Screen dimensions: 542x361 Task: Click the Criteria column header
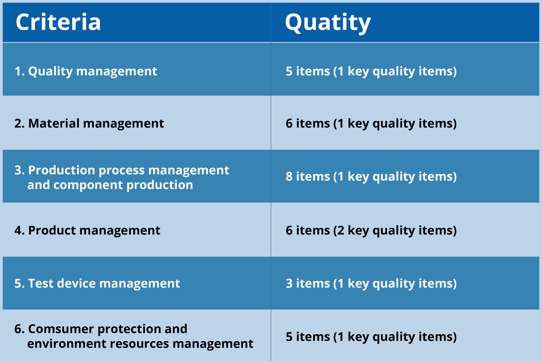pyautogui.click(x=58, y=22)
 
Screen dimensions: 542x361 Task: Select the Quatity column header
pyautogui.click(x=328, y=23)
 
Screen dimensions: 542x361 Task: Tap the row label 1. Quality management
pyautogui.click(x=86, y=71)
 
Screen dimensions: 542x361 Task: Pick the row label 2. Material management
pyautogui.click(x=89, y=124)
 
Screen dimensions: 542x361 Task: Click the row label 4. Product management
pyautogui.click(x=87, y=230)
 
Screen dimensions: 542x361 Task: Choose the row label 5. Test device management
pyautogui.click(x=97, y=283)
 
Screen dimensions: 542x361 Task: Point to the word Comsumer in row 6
pyautogui.click(x=61, y=329)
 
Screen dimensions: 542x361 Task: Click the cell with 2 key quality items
pyautogui.click(x=371, y=231)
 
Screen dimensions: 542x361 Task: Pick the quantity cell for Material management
pyautogui.click(x=371, y=124)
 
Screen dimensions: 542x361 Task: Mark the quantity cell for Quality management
pyautogui.click(x=371, y=71)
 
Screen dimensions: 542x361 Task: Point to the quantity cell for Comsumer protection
pyautogui.click(x=371, y=337)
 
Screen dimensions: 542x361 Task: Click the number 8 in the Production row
pyautogui.click(x=289, y=176)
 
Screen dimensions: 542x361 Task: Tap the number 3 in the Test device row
pyautogui.click(x=289, y=283)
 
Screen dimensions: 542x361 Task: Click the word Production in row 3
pyautogui.click(x=62, y=170)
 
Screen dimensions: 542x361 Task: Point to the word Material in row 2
pyautogui.click(x=54, y=124)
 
